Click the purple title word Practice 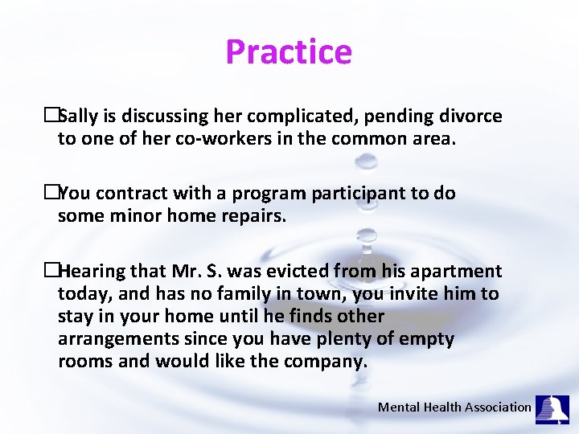click(x=289, y=52)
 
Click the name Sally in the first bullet click(x=78, y=117)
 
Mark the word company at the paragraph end click(x=325, y=362)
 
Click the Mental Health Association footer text click(x=454, y=407)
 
